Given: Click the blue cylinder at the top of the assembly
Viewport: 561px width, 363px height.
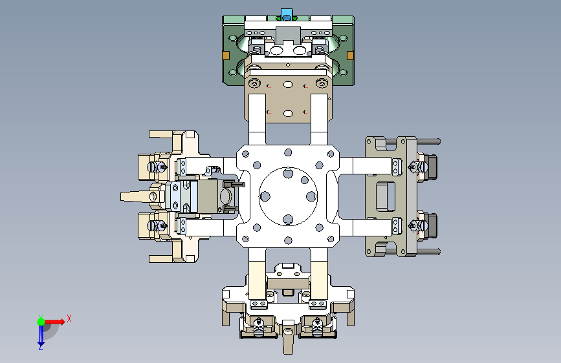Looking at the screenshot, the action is (x=287, y=15).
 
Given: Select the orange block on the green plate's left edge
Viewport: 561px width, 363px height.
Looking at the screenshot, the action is (x=226, y=56).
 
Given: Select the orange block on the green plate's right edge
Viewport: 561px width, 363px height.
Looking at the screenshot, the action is (x=350, y=56).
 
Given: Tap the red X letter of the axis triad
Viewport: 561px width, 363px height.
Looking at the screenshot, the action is (x=69, y=318).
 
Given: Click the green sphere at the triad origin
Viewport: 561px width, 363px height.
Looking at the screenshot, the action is (x=41, y=322).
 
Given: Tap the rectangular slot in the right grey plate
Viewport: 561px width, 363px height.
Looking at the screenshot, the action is (x=385, y=196).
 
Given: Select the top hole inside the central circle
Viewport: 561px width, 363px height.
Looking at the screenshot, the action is (x=288, y=174).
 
